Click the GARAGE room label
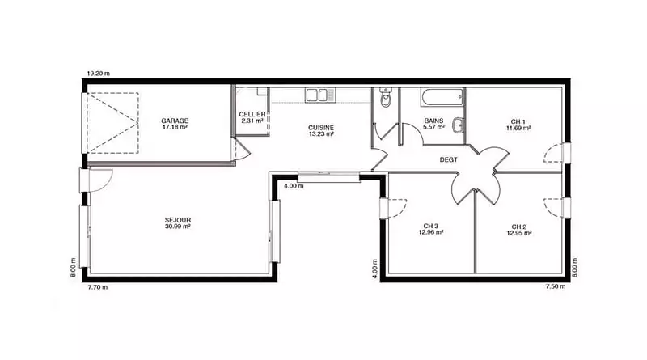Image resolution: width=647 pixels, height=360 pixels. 175,121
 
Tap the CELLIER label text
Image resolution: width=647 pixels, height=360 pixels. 252,114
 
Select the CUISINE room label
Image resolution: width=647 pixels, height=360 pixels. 321,128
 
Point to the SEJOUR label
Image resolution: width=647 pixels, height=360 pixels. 178,221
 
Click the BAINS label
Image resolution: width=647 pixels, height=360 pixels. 433,121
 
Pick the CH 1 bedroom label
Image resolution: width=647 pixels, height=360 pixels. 518,122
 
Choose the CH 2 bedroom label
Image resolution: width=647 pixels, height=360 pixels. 518,227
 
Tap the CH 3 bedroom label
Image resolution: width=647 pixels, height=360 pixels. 431,227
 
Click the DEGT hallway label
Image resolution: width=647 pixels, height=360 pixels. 449,159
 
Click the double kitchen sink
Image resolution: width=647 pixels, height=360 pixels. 320,95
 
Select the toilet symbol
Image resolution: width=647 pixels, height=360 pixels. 386,97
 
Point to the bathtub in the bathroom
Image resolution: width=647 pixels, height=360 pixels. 442,97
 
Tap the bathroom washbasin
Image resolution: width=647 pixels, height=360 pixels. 458,125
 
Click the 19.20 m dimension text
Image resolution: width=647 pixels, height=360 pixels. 98,74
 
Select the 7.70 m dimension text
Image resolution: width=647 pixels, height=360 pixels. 98,287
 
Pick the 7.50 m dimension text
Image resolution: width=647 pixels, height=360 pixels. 556,286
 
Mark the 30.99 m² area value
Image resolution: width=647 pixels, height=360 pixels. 178,227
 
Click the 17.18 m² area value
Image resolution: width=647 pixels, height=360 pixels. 175,127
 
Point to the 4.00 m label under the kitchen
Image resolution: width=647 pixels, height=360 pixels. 294,186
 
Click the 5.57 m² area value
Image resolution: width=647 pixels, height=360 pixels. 433,127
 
